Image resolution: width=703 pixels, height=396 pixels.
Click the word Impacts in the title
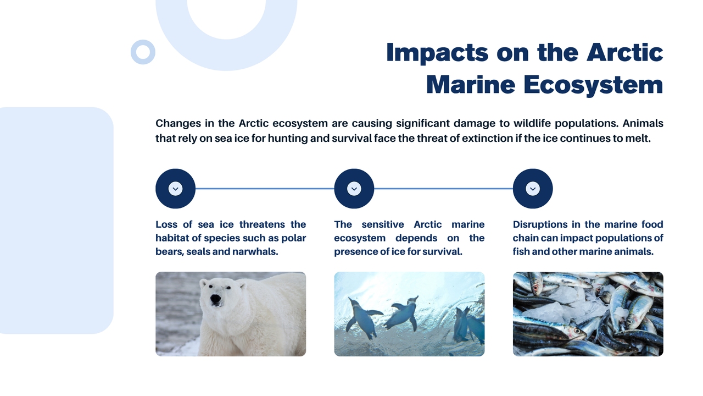click(437, 53)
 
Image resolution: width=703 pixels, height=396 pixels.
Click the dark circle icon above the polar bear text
click(175, 189)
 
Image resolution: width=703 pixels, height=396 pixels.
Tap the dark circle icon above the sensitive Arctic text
click(354, 189)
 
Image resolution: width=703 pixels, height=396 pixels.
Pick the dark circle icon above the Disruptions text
click(533, 189)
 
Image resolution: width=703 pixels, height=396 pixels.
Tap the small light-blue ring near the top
click(143, 52)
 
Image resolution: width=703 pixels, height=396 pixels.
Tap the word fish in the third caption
click(522, 252)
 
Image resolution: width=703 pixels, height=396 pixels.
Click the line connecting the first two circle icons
click(265, 189)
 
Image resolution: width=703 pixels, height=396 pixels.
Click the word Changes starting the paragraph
click(178, 123)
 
